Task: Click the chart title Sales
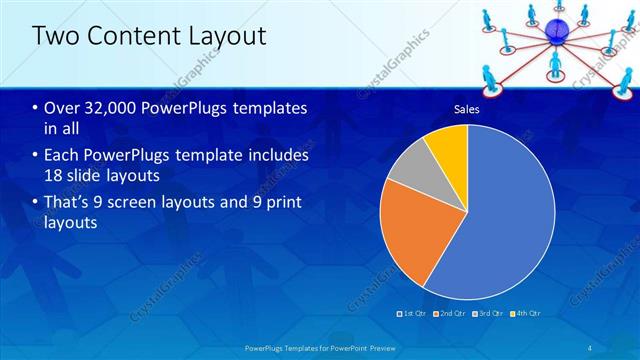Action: tap(467, 109)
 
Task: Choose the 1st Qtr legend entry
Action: tap(415, 314)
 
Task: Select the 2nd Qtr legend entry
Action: tap(450, 314)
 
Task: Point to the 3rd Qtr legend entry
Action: tap(486, 314)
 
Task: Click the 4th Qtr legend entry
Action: tap(522, 314)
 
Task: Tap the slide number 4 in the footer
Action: tap(589, 347)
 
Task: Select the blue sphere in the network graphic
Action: tap(554, 30)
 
